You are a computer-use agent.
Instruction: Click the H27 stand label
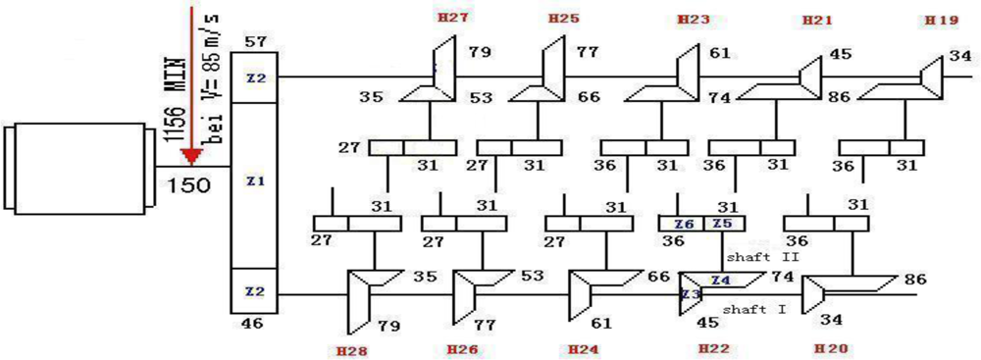452,18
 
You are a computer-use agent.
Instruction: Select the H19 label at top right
943,19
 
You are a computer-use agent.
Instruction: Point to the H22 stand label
712,348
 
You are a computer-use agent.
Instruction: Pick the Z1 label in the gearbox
255,181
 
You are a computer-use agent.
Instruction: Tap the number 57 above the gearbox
256,41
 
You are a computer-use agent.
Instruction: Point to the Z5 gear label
723,224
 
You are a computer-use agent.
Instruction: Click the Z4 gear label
720,280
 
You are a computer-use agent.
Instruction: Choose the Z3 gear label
690,293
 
